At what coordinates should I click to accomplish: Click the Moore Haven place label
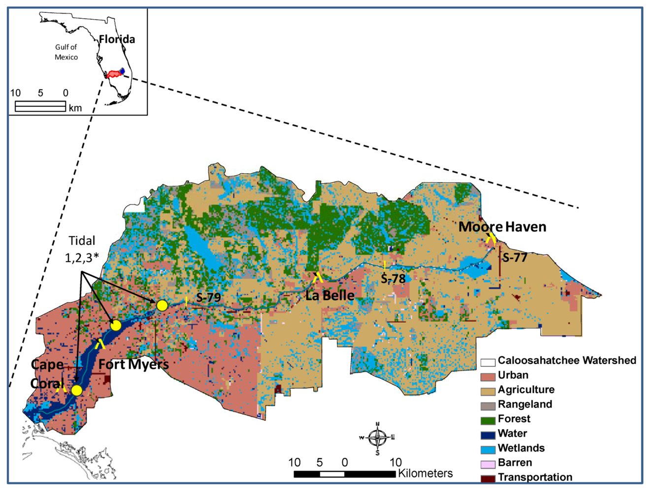click(502, 227)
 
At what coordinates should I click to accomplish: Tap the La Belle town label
click(329, 295)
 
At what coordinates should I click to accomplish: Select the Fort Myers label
click(133, 365)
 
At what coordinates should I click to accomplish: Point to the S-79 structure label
click(208, 297)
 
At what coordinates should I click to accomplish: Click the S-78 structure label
click(393, 279)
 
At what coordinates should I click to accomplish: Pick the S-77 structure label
click(515, 257)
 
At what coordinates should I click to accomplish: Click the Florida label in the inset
click(117, 39)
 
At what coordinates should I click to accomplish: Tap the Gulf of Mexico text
click(66, 52)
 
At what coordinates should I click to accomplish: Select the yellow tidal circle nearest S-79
click(162, 306)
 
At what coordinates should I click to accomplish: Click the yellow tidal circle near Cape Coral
click(77, 390)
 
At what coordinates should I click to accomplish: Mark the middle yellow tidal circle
click(116, 325)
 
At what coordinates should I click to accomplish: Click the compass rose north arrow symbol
click(378, 437)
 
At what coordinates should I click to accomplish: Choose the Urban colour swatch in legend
click(488, 376)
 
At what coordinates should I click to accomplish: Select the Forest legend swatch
click(488, 420)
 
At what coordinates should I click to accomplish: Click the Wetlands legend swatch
click(488, 449)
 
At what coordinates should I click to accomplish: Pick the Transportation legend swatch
click(488, 478)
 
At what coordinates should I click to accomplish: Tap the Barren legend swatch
click(488, 464)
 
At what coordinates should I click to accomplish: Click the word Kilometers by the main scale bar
click(425, 473)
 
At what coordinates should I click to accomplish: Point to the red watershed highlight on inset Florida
click(114, 74)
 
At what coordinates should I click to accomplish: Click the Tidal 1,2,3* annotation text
click(82, 249)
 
